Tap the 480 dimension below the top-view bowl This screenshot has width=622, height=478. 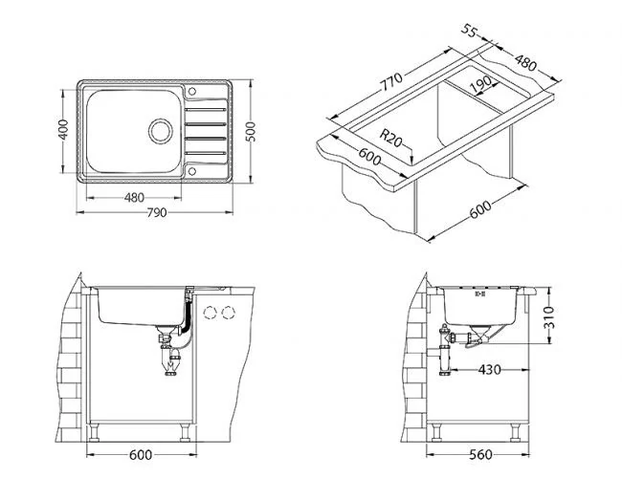point(134,198)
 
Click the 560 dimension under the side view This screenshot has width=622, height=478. point(489,458)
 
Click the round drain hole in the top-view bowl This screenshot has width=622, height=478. point(159,129)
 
